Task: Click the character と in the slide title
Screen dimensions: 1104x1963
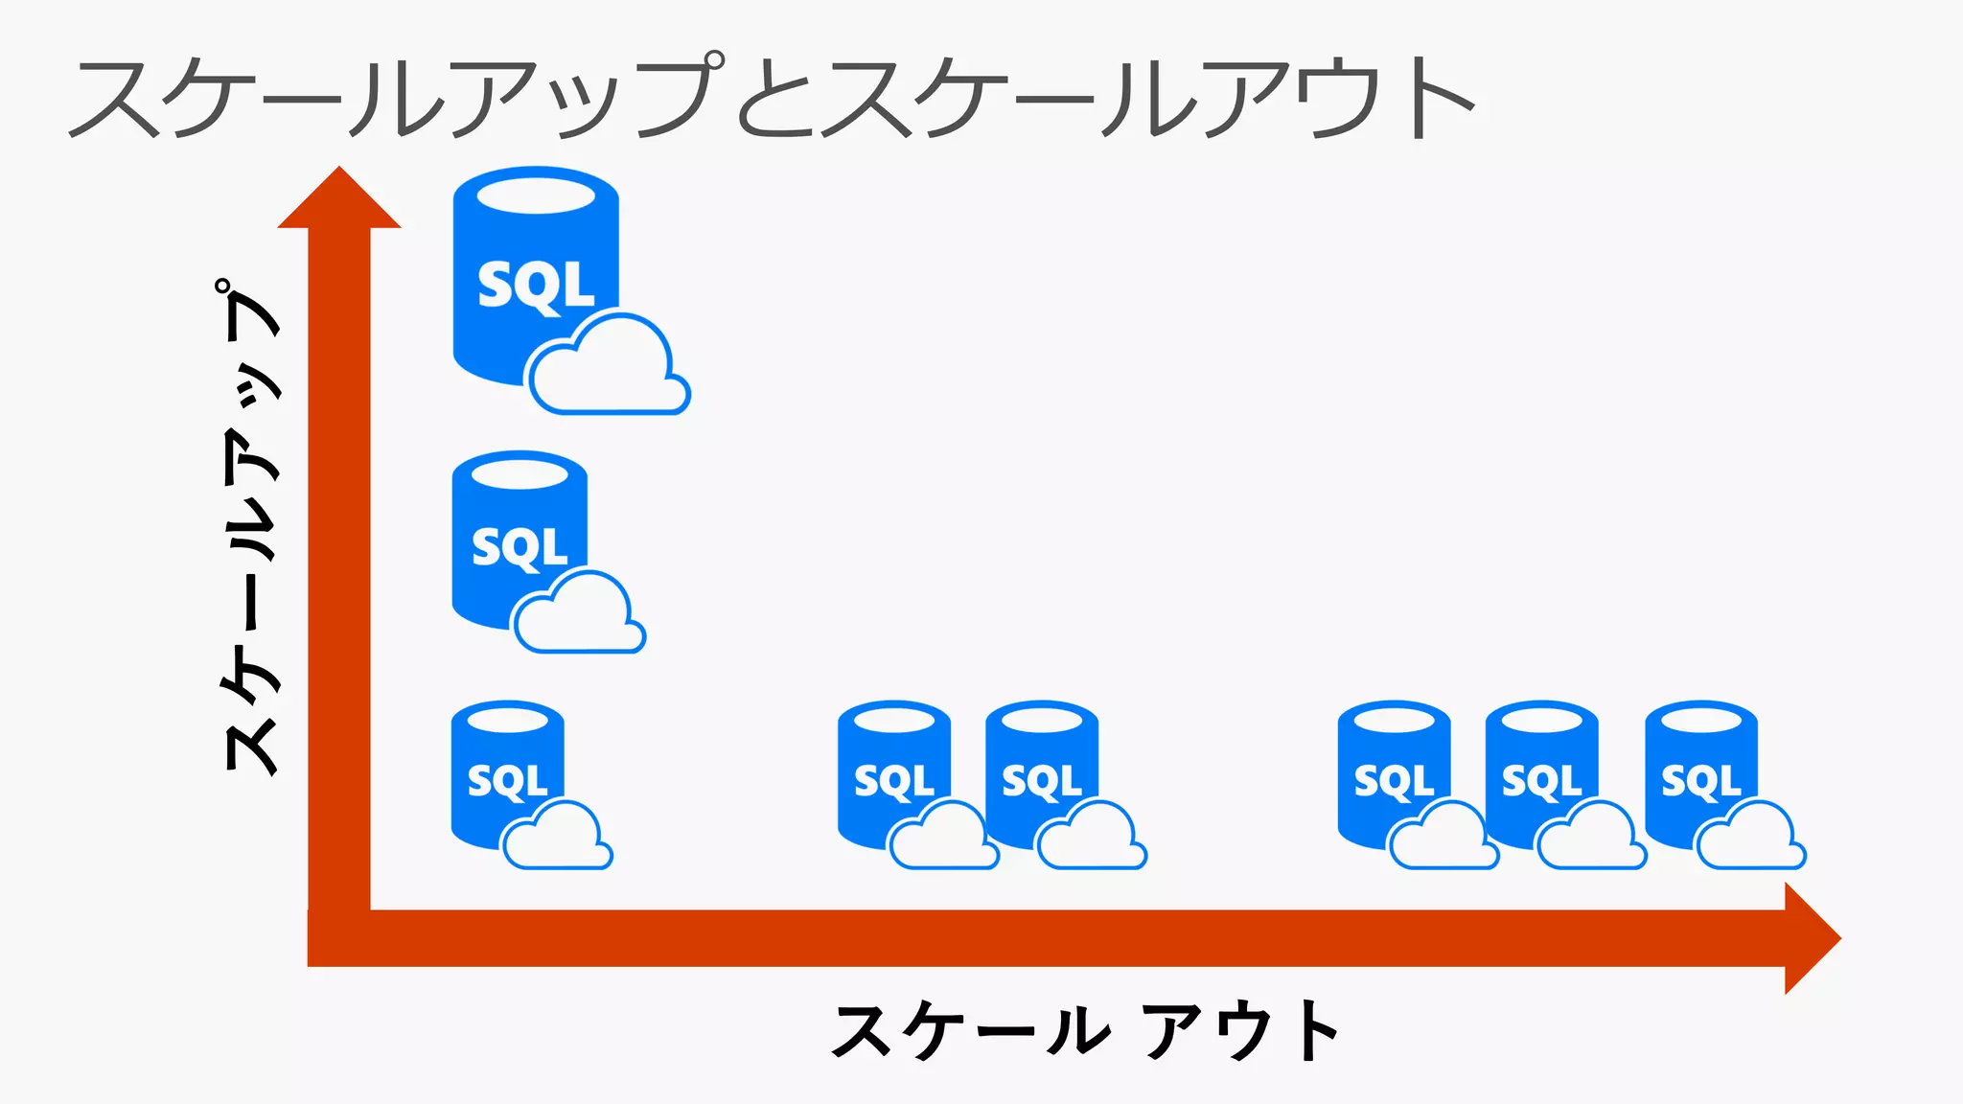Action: (x=774, y=98)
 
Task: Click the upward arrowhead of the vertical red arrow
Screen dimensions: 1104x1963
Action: (x=339, y=199)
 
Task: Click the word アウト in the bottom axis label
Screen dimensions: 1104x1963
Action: (x=1240, y=1031)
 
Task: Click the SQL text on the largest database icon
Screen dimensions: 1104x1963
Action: (x=536, y=286)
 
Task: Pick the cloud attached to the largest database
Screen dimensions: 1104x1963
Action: (x=610, y=369)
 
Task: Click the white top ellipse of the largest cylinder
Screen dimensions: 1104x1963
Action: (x=536, y=195)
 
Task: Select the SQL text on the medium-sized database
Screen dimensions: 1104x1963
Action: (x=520, y=547)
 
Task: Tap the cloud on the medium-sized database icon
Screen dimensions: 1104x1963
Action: (x=579, y=616)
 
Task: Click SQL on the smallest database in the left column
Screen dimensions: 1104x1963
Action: (x=507, y=781)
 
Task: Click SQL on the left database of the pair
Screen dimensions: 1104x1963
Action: (x=893, y=781)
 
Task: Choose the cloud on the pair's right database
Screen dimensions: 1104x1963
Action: (x=1092, y=839)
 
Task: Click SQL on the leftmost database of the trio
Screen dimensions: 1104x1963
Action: (x=1394, y=781)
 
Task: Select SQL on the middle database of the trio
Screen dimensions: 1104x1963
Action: (x=1541, y=781)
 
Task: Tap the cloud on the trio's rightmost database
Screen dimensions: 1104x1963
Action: (x=1750, y=839)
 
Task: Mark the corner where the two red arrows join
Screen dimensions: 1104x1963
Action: (x=339, y=938)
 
